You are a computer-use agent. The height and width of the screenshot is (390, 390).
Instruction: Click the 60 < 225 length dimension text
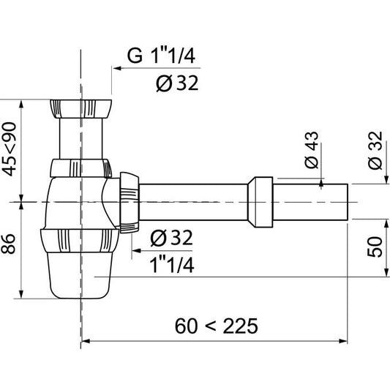coord(217,325)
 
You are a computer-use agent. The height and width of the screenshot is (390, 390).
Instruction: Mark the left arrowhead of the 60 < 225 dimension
coord(84,341)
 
